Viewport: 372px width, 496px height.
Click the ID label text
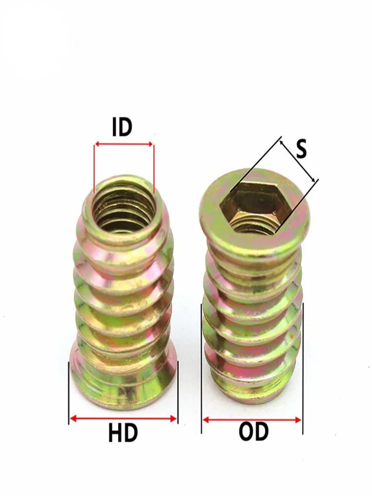[x=122, y=127]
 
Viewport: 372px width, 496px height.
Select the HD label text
[x=123, y=433]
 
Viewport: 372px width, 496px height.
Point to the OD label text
[x=253, y=432]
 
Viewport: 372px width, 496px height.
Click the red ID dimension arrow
[x=124, y=144]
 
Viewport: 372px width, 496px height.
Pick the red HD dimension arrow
[x=123, y=419]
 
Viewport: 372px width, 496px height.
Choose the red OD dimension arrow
[x=252, y=420]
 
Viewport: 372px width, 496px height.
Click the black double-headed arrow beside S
[x=297, y=161]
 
